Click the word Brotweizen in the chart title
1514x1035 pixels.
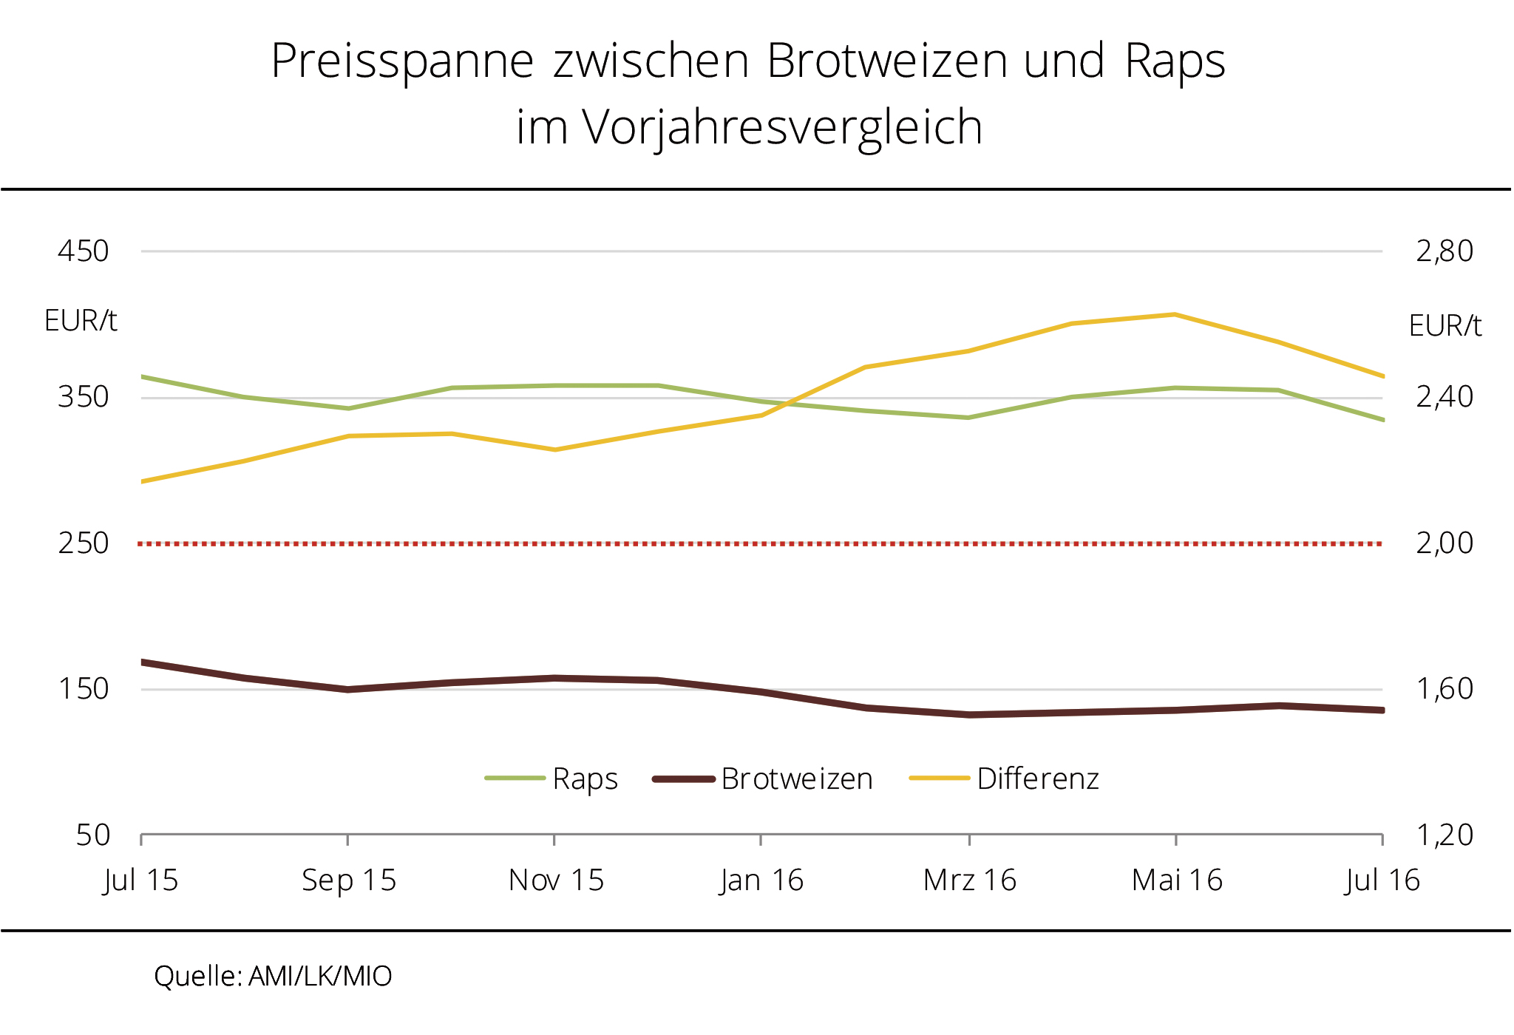click(886, 61)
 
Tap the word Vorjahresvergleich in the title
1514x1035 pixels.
click(783, 127)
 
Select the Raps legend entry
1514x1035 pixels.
click(584, 778)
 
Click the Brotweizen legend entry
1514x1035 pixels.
click(796, 778)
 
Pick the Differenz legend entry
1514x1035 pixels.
click(1037, 778)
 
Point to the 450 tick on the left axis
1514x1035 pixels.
click(83, 251)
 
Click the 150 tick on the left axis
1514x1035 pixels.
click(83, 689)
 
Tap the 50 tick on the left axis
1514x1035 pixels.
click(92, 835)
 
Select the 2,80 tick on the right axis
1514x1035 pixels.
click(1444, 251)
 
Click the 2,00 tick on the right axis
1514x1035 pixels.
click(1444, 543)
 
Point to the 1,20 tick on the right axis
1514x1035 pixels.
click(1444, 835)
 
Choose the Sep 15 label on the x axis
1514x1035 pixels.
click(348, 880)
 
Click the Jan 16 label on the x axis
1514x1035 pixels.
click(761, 880)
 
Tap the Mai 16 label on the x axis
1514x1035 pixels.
click(1176, 880)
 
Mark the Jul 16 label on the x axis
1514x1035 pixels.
click(1382, 880)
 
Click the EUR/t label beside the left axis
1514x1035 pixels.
click(81, 321)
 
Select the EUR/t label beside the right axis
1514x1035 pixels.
click(1445, 325)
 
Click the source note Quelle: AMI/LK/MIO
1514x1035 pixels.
click(273, 977)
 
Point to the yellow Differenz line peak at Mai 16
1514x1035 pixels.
click(1175, 315)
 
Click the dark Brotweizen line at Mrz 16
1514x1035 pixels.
click(969, 715)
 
